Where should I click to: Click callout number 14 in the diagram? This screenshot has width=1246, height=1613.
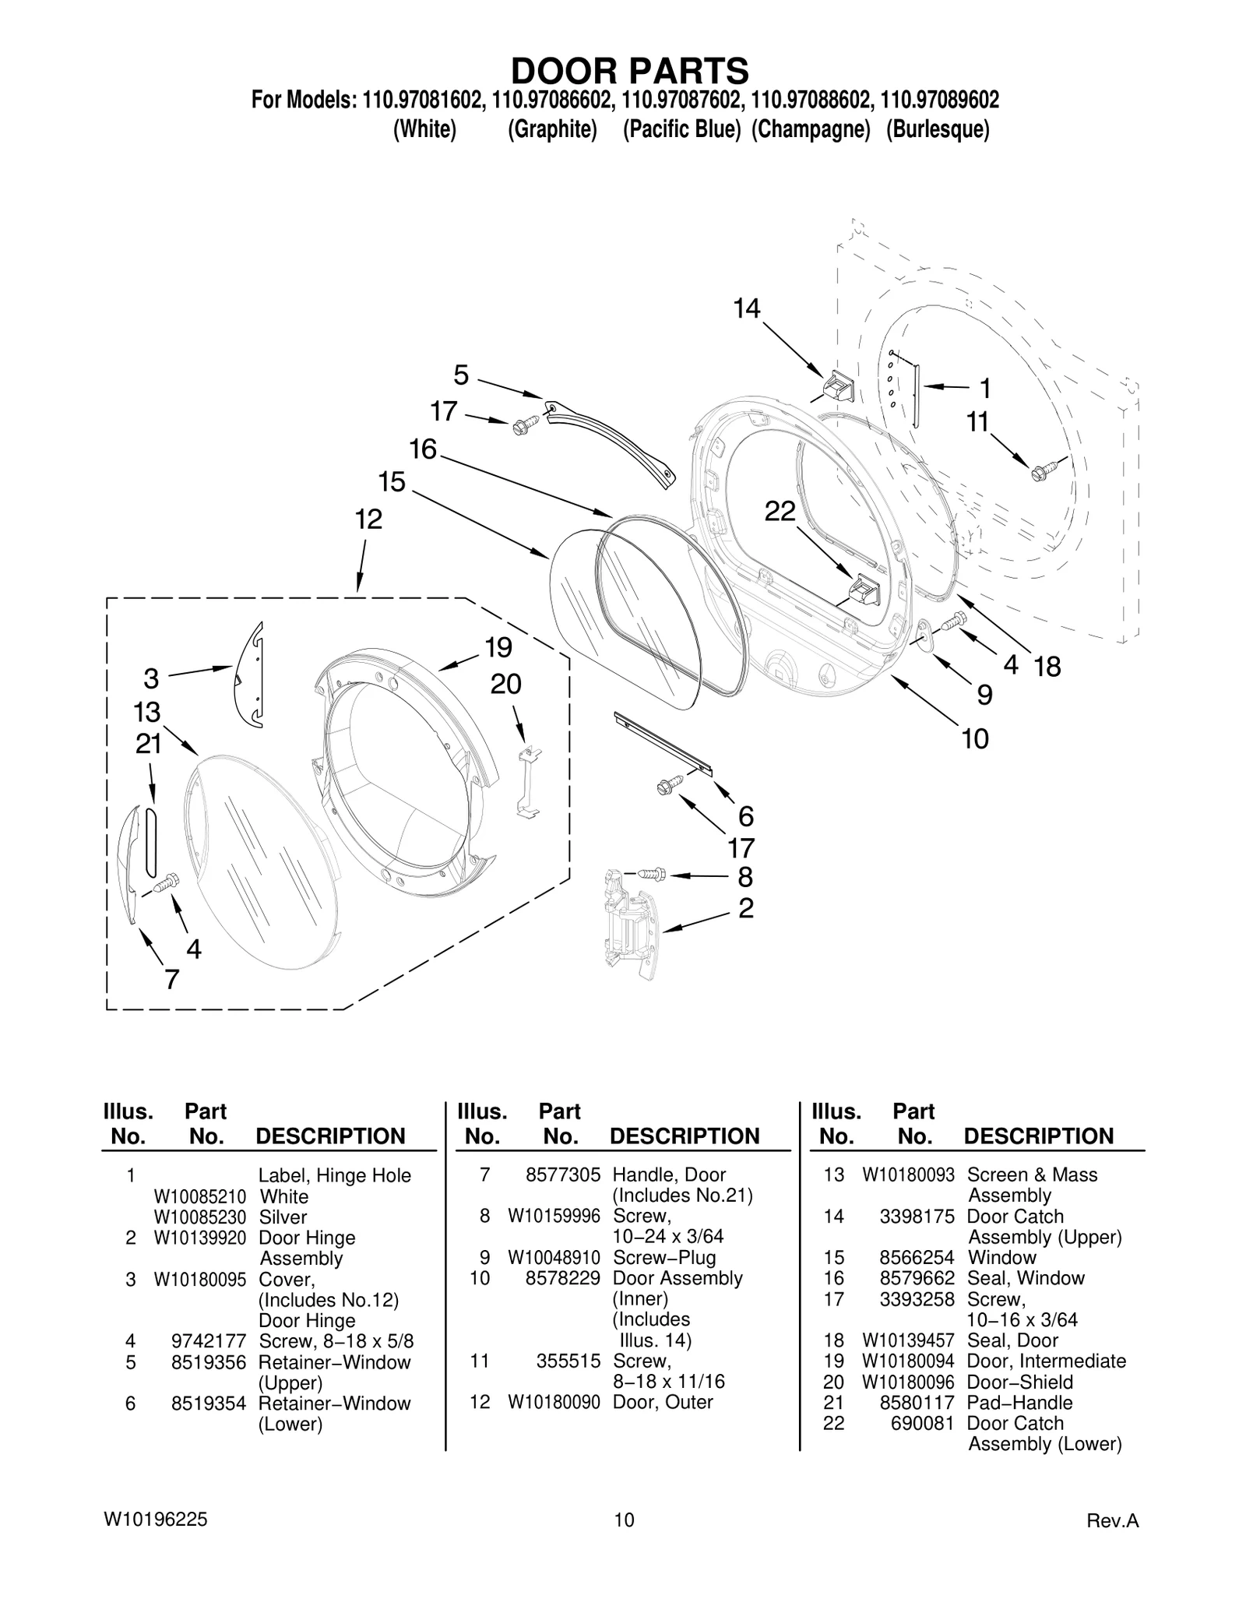tap(746, 309)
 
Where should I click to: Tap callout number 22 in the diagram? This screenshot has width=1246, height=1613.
tap(780, 512)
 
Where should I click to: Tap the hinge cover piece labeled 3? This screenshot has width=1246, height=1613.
tap(251, 676)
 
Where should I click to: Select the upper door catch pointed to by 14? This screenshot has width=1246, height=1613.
tap(839, 386)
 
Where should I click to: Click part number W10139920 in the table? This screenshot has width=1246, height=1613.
tap(199, 1238)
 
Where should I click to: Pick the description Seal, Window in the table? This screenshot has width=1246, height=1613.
tap(1025, 1278)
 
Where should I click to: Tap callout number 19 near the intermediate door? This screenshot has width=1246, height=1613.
tap(498, 647)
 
